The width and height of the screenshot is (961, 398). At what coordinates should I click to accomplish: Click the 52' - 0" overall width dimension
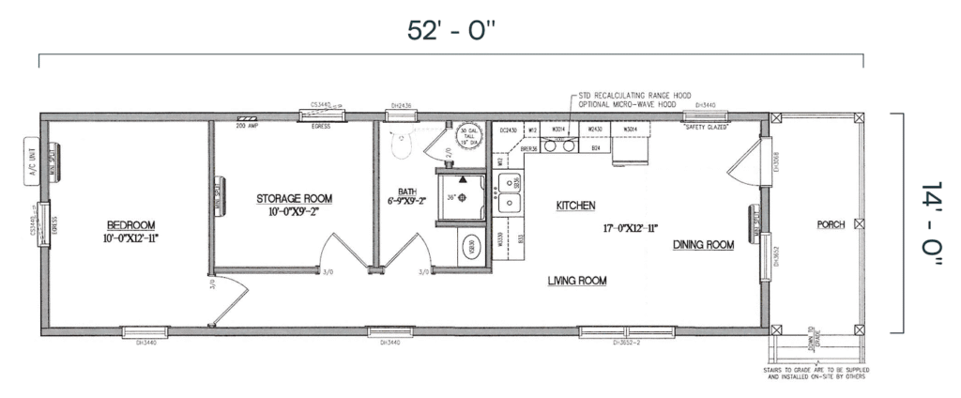click(x=450, y=31)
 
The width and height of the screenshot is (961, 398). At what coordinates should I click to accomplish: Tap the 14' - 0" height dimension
click(x=929, y=224)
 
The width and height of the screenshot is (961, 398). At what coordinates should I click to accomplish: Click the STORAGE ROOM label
click(x=294, y=198)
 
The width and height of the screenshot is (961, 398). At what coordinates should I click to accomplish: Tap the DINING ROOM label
click(x=703, y=245)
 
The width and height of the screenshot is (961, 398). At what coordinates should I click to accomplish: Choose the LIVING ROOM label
click(x=577, y=281)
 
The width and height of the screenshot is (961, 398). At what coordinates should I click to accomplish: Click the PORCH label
click(x=831, y=224)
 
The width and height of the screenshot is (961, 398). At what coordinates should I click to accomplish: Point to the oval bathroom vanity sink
click(x=470, y=249)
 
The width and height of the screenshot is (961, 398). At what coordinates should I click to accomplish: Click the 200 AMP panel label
click(x=247, y=125)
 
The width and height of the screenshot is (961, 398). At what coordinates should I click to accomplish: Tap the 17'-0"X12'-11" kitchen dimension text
click(x=630, y=228)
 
